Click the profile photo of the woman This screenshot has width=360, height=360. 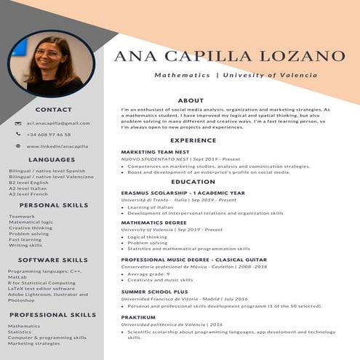click(x=62, y=63)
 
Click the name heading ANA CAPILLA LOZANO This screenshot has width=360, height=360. click(x=229, y=56)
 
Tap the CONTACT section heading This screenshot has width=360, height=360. click(x=53, y=110)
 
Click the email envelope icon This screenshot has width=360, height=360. click(x=18, y=123)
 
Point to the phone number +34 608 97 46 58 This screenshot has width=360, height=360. click(x=49, y=135)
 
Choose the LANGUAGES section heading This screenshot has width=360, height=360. click(x=52, y=159)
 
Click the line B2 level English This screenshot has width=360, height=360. click(x=29, y=183)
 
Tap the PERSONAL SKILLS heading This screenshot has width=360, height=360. click(x=54, y=206)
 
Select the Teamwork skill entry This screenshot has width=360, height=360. click(x=22, y=216)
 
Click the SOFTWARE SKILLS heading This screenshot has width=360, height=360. click(x=53, y=260)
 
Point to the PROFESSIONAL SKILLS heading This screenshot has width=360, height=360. click(x=52, y=315)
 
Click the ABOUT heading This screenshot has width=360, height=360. click(x=191, y=100)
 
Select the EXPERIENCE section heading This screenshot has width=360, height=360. click(x=193, y=140)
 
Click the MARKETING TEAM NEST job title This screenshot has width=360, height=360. click(x=155, y=152)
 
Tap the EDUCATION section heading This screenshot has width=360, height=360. click(x=193, y=182)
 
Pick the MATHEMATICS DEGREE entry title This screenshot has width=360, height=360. click(x=153, y=223)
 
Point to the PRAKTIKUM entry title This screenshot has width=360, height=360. click(x=138, y=317)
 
